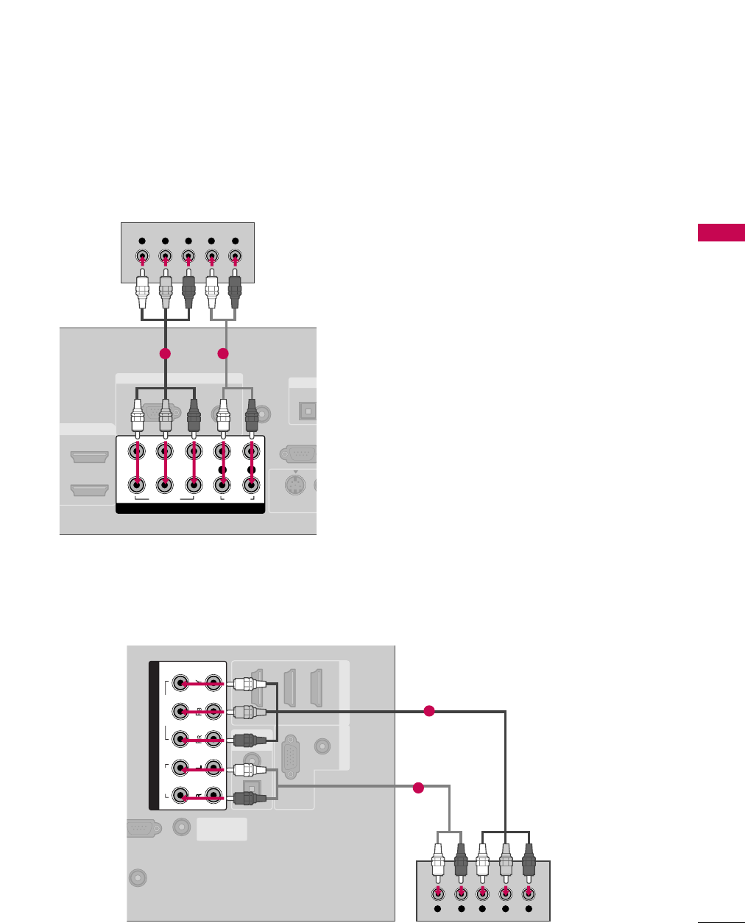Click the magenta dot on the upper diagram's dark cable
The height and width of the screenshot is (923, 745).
tap(165, 353)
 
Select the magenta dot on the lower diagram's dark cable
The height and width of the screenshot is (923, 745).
tap(430, 711)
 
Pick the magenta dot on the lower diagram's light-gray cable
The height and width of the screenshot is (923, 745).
tap(418, 788)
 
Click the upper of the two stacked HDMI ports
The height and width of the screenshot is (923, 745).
tap(90, 457)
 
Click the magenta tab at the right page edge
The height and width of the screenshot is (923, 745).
tap(721, 233)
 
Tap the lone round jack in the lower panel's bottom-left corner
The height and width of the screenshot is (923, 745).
tap(137, 877)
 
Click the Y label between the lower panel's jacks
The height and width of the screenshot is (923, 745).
tap(197, 683)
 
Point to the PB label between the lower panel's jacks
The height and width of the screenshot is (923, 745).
tap(197, 711)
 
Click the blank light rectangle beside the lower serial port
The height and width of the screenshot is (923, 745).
tap(222, 830)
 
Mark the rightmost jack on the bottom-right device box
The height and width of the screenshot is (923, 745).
tap(529, 893)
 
